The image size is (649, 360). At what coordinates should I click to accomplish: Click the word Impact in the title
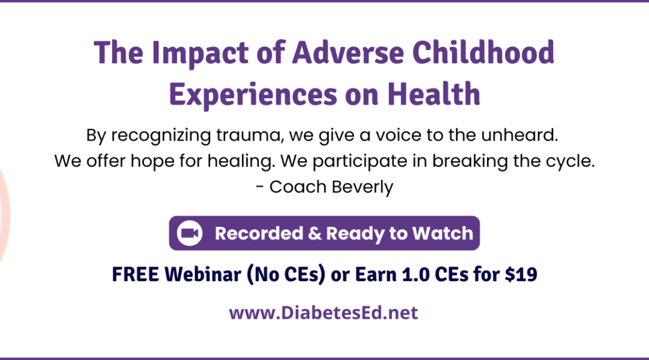click(200, 53)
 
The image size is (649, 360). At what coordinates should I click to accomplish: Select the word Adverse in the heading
click(348, 52)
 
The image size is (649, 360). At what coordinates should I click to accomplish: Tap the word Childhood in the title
click(483, 52)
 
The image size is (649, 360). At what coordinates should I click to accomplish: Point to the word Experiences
click(253, 95)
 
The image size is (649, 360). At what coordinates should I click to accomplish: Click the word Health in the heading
click(434, 94)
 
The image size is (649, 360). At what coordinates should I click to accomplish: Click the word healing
click(241, 161)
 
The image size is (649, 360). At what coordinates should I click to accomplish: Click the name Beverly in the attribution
click(362, 187)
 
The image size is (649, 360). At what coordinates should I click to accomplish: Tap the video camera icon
click(189, 233)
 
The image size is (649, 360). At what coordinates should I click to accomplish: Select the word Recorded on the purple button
click(259, 233)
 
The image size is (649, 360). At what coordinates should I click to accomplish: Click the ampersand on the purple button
click(314, 233)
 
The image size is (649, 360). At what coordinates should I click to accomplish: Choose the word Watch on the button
click(443, 233)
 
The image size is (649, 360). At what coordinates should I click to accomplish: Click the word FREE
click(135, 274)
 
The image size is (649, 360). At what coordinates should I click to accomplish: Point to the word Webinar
click(203, 274)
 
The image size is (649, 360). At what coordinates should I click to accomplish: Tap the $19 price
click(521, 274)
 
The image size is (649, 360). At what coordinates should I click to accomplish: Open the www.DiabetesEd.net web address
click(324, 313)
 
